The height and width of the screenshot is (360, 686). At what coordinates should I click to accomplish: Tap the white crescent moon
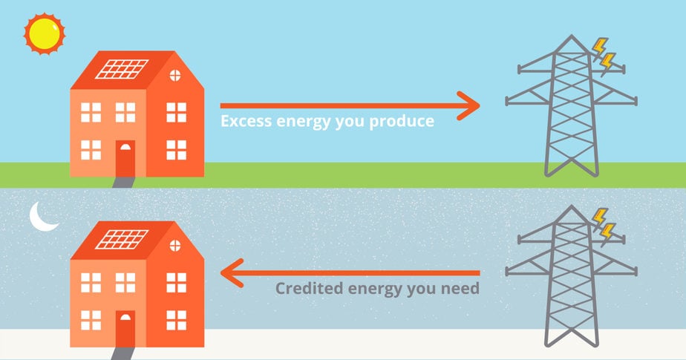(x=43, y=217)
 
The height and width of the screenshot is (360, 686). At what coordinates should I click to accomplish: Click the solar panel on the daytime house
(x=122, y=68)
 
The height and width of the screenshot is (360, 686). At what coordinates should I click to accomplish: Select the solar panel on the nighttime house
(x=122, y=239)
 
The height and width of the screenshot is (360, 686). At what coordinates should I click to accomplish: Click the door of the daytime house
(x=125, y=159)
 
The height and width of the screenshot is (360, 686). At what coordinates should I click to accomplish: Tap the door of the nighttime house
(x=125, y=329)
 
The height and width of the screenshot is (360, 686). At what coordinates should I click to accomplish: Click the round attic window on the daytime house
(x=176, y=74)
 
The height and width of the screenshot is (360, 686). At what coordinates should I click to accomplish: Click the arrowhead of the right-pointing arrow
(x=468, y=105)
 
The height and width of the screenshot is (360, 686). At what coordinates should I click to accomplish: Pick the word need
(x=460, y=289)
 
